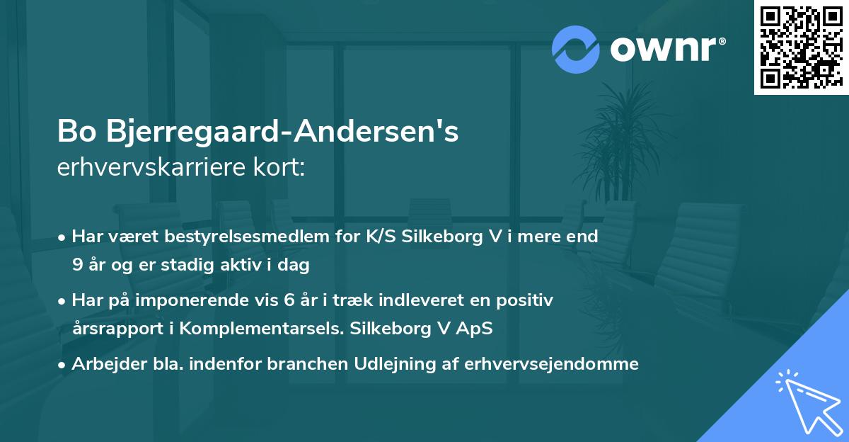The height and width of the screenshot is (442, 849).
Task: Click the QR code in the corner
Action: [801, 47]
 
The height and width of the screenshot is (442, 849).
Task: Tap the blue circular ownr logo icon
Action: [576, 49]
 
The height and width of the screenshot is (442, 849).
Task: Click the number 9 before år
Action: [76, 266]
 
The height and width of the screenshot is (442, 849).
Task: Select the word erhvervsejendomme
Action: [551, 363]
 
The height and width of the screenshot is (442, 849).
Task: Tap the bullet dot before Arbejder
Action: [62, 364]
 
